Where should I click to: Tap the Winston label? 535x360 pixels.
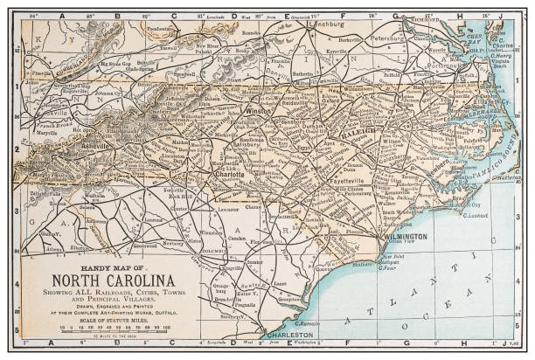[257, 111]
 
